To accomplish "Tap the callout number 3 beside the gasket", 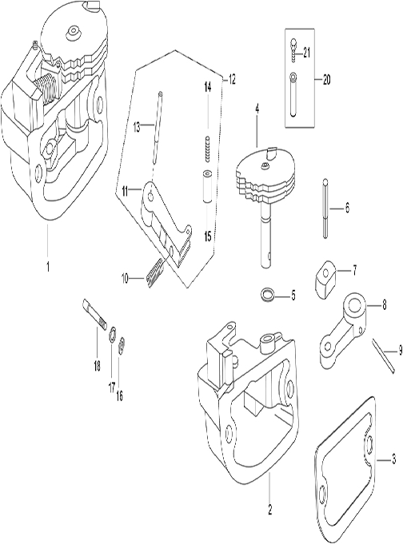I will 392,459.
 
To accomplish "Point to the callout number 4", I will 257,107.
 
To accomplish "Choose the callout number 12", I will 233,79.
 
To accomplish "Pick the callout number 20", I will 326,79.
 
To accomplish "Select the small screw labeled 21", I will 295,50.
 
